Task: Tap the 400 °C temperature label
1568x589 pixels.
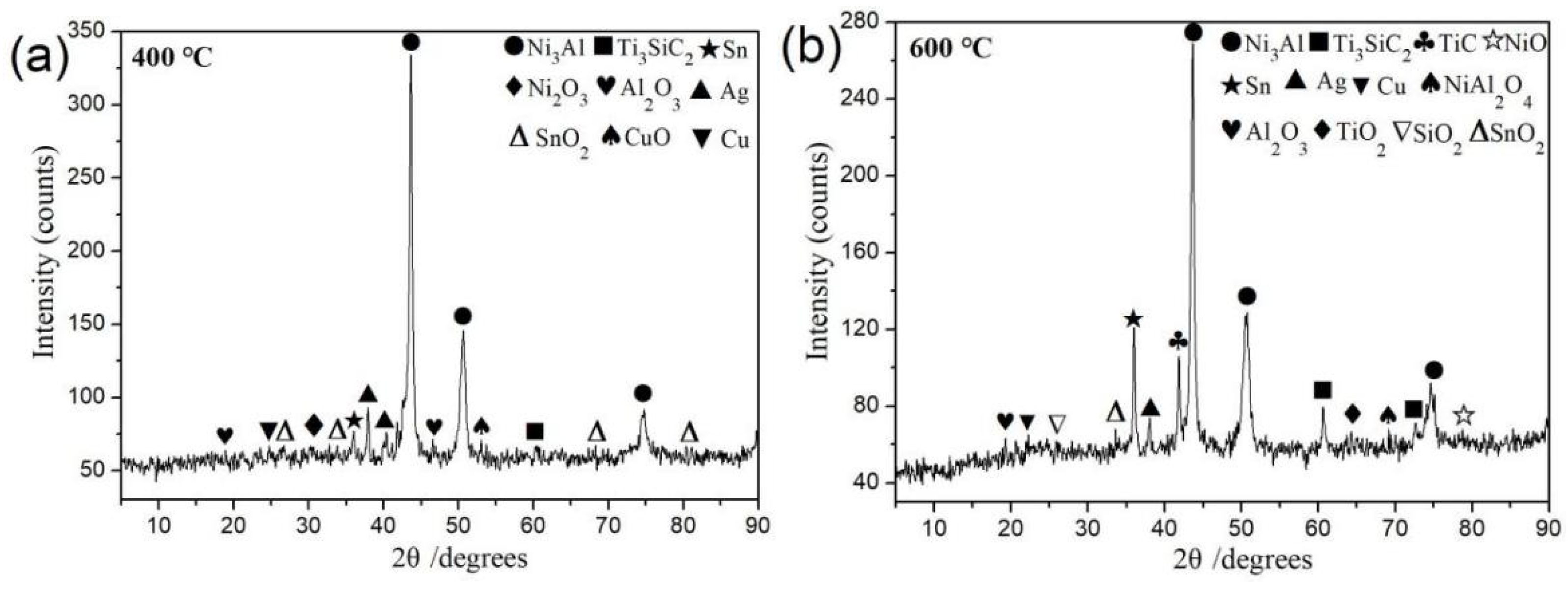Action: pos(172,58)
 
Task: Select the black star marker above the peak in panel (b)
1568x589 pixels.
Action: pos(1133,319)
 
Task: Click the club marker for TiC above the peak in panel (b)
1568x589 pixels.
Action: pos(1178,341)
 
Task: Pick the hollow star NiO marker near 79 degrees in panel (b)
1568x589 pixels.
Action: pos(1464,416)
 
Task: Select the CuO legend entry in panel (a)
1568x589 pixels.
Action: pos(636,138)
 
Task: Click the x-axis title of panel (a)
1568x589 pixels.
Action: pos(460,558)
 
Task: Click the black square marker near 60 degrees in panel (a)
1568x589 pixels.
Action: pos(534,431)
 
